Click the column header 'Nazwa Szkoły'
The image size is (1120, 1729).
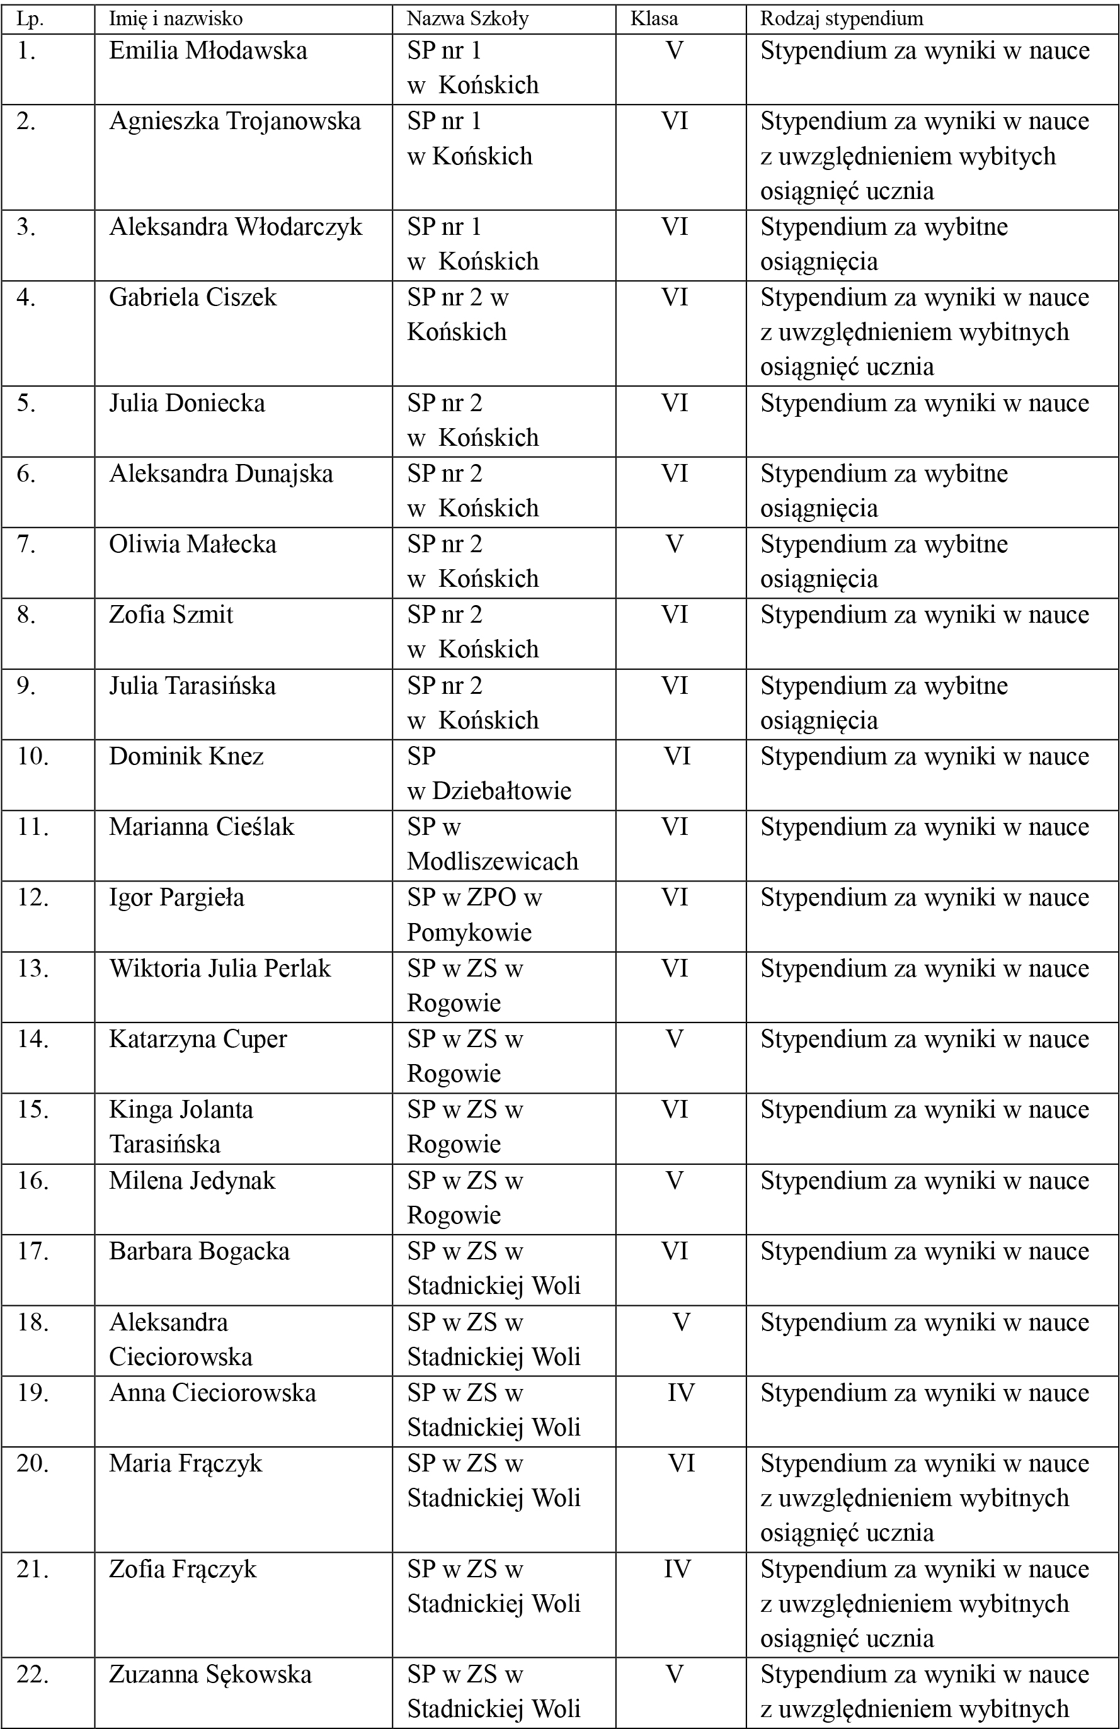pyautogui.click(x=467, y=19)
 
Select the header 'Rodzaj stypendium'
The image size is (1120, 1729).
pyautogui.click(x=842, y=19)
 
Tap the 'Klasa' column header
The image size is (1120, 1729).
pyautogui.click(x=653, y=19)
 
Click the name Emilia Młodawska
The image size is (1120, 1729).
pyautogui.click(x=208, y=51)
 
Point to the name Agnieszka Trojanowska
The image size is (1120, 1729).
pyautogui.click(x=235, y=122)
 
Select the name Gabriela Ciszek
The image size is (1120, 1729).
pyautogui.click(x=193, y=297)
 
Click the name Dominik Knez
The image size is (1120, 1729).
pyautogui.click(x=186, y=756)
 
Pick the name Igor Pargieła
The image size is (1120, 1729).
pyautogui.click(x=176, y=898)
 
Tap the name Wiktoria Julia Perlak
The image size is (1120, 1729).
pyautogui.click(x=219, y=968)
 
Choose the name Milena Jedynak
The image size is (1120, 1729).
pyautogui.click(x=192, y=1181)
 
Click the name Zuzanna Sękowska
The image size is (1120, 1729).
pyautogui.click(x=210, y=1674)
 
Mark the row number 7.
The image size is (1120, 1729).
pyautogui.click(x=26, y=544)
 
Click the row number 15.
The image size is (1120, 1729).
pyautogui.click(x=33, y=1110)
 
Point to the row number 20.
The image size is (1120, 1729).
pyautogui.click(x=33, y=1463)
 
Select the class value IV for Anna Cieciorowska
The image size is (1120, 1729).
pyautogui.click(x=681, y=1393)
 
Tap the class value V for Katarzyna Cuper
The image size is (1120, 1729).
pyautogui.click(x=675, y=1039)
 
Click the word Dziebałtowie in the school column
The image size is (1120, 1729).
pyautogui.click(x=501, y=790)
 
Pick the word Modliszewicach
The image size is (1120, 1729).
pyautogui.click(x=492, y=861)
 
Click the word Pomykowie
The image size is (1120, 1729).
pyautogui.click(x=469, y=932)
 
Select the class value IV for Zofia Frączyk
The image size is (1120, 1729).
pyautogui.click(x=677, y=1569)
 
